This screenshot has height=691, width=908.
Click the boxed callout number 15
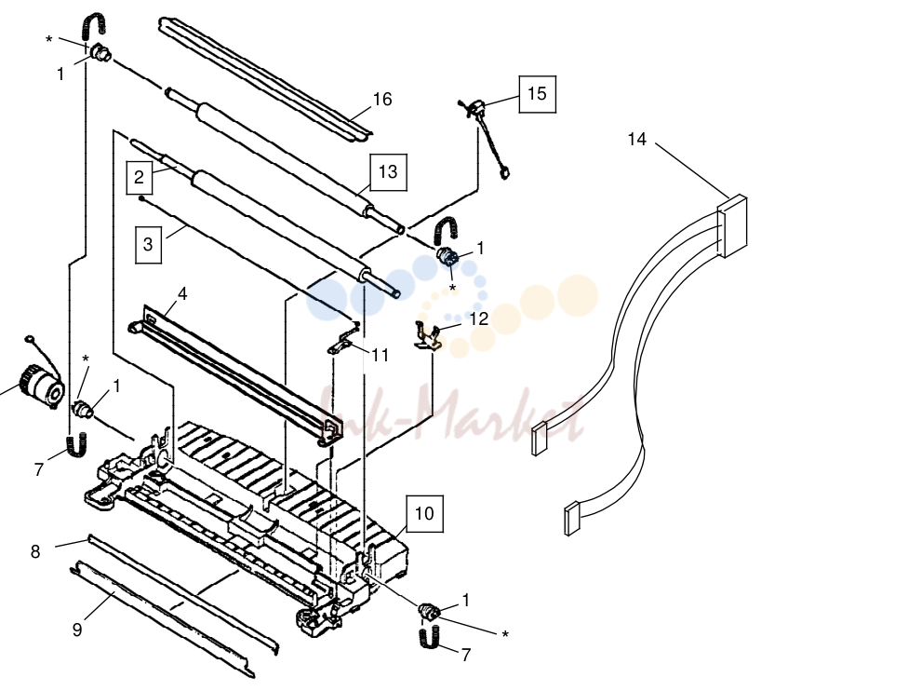pyautogui.click(x=537, y=94)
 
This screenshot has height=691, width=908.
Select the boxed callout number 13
pyautogui.click(x=388, y=172)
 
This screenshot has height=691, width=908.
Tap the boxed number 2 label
pyautogui.click(x=139, y=177)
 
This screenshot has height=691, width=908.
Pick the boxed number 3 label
pyautogui.click(x=148, y=245)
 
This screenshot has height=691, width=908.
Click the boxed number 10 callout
pyautogui.click(x=424, y=514)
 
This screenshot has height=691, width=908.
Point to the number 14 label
pyautogui.click(x=636, y=139)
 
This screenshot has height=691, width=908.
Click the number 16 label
pyautogui.click(x=382, y=99)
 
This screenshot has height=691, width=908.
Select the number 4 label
pyautogui.click(x=182, y=293)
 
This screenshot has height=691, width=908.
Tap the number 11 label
pyautogui.click(x=380, y=355)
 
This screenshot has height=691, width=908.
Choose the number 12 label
pyautogui.click(x=479, y=318)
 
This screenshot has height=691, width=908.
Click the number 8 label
pyautogui.click(x=35, y=551)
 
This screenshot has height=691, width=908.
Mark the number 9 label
pyautogui.click(x=77, y=630)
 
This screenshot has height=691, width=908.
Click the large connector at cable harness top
pyautogui.click(x=732, y=226)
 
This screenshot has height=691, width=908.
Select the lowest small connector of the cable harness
pyautogui.click(x=571, y=518)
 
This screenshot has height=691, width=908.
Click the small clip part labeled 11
pyautogui.click(x=345, y=339)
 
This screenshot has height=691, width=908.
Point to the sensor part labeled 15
pyautogui.click(x=486, y=138)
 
